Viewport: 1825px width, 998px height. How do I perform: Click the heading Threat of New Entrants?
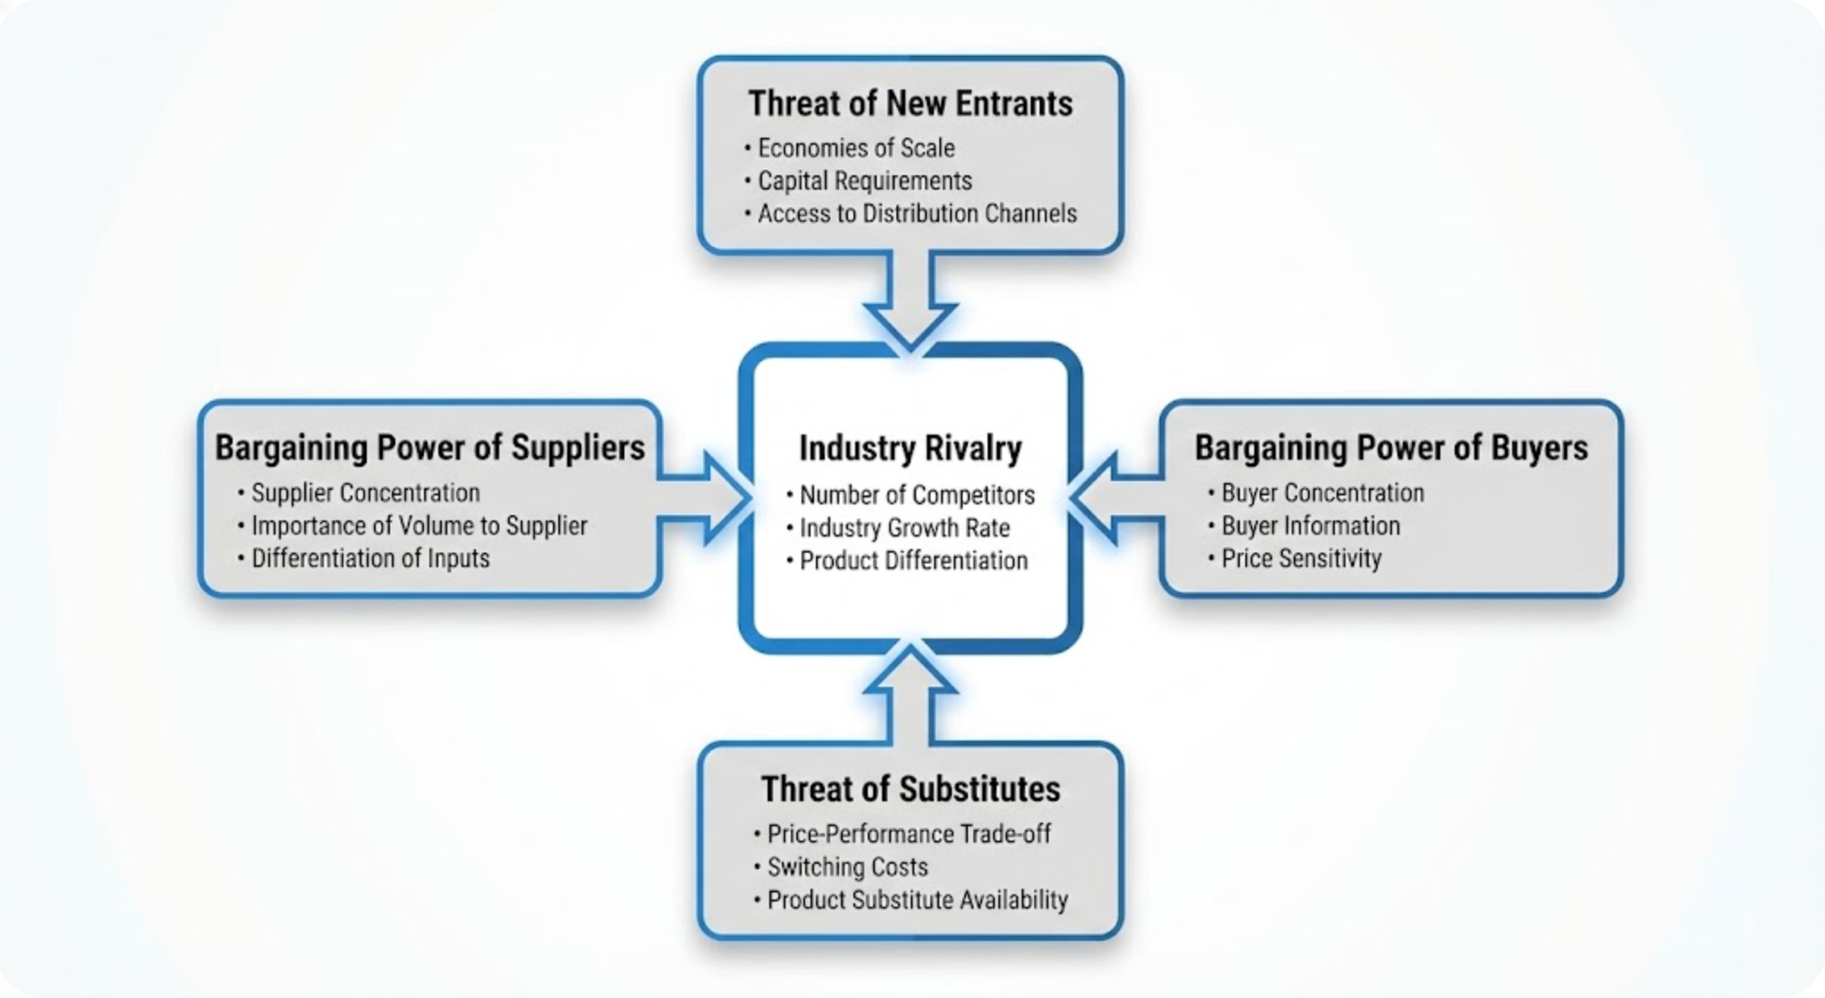[x=910, y=104]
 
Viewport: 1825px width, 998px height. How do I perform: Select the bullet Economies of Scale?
[x=855, y=148]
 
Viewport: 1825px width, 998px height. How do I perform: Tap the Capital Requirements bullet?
[x=864, y=181]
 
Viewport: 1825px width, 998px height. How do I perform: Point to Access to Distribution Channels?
[x=916, y=214]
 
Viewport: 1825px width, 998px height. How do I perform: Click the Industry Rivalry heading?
[x=910, y=448]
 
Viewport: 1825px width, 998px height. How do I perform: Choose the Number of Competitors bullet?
[x=916, y=495]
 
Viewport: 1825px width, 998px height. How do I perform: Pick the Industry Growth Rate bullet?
[x=904, y=528]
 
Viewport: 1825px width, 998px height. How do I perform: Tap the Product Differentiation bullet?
[x=912, y=561]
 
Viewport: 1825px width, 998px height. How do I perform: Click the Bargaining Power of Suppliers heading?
[x=429, y=447]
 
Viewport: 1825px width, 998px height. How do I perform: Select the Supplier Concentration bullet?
[x=365, y=493]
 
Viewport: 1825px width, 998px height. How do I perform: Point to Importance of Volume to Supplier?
[x=419, y=526]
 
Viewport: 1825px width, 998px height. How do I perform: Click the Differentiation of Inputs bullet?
[x=370, y=559]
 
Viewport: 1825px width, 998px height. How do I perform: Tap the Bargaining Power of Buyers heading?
[x=1391, y=447]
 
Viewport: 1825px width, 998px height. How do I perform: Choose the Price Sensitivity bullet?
[x=1301, y=559]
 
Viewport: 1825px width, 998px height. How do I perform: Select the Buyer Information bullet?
[x=1310, y=526]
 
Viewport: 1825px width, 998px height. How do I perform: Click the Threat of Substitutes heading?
[x=910, y=789]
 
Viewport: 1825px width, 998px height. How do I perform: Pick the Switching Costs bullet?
[x=846, y=867]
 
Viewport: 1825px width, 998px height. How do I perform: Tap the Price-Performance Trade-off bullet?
[x=908, y=833]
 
